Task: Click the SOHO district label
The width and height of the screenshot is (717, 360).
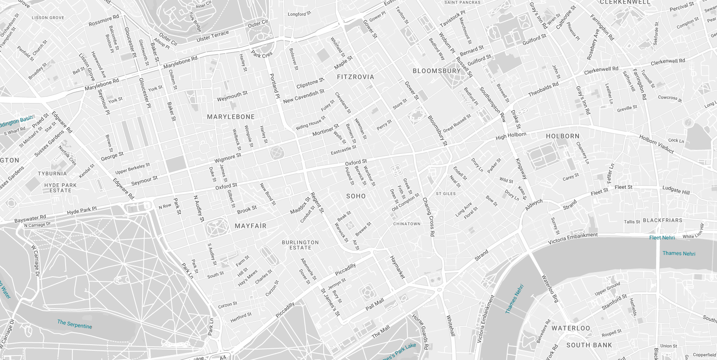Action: (356, 196)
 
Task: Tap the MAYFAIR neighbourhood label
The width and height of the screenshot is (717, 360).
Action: (250, 226)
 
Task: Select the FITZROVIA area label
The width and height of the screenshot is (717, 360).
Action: (355, 77)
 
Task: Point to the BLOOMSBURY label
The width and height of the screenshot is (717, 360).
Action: (436, 71)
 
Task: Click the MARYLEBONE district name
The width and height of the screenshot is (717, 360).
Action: (231, 117)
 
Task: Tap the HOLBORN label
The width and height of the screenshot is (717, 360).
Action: (562, 136)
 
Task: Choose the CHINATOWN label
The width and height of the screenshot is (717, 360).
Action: (407, 224)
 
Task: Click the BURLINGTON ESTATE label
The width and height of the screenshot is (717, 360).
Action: (300, 245)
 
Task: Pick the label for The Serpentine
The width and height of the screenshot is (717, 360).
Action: (74, 324)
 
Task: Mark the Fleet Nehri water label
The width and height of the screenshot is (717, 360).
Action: (661, 238)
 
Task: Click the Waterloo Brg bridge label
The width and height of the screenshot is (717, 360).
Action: (550, 288)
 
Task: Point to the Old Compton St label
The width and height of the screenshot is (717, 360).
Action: (405, 202)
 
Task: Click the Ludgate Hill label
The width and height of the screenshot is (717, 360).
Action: (676, 190)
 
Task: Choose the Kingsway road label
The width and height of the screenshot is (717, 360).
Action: (521, 168)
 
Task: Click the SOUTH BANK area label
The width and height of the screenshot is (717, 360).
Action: (589, 345)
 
